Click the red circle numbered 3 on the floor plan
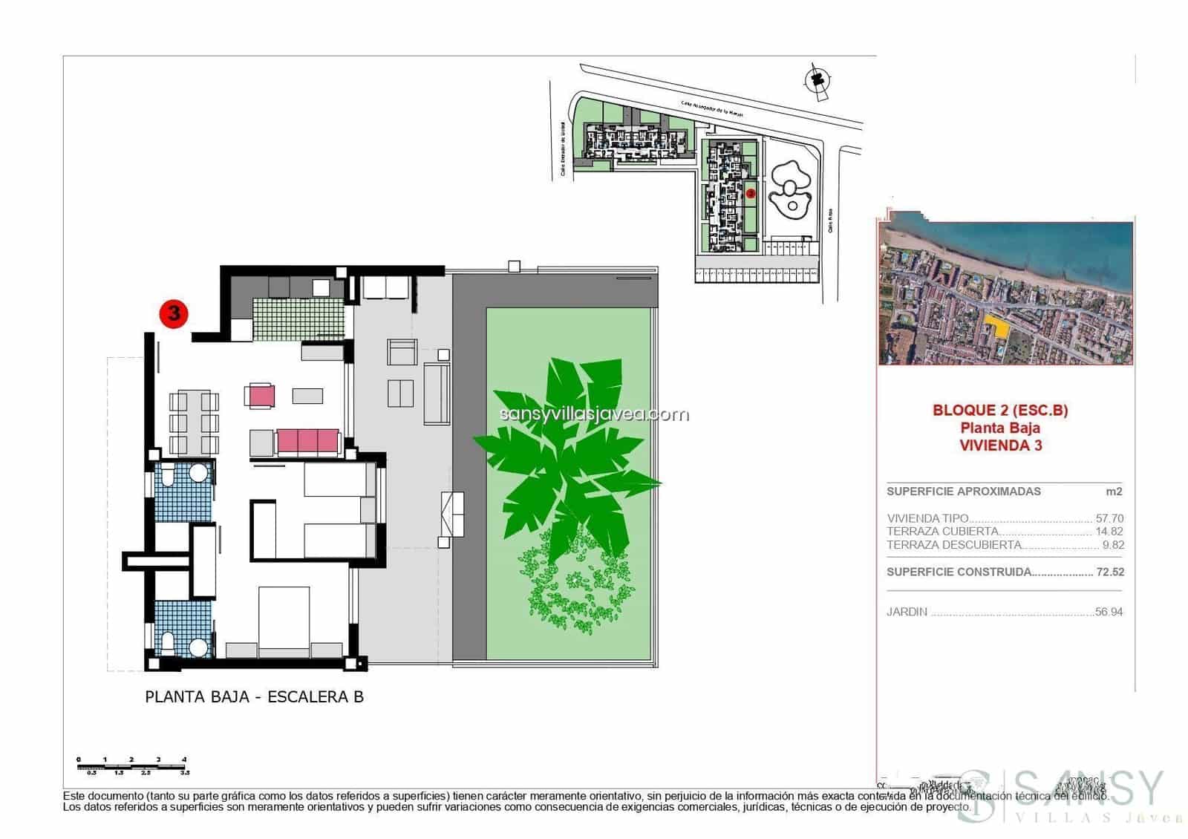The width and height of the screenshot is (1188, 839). point(174,313)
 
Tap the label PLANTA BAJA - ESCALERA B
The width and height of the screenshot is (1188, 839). point(254,697)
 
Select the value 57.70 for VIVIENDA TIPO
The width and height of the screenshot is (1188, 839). point(1109,518)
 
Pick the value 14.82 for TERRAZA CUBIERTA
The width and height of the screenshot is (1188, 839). point(1109,532)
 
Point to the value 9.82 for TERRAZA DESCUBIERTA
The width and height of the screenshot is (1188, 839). point(1113,545)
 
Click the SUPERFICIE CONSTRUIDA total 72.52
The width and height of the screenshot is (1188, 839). point(1109,572)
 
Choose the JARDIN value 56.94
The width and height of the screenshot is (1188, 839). point(1109,613)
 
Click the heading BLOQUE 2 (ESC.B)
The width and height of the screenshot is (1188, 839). point(999,410)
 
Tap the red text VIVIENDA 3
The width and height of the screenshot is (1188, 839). point(1000,445)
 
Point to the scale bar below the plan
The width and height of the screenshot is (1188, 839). point(132,765)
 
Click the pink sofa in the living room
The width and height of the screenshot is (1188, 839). point(308,442)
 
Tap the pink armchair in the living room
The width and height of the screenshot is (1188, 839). point(261,395)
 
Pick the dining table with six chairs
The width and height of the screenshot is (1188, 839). point(195,422)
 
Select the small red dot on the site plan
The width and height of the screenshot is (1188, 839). point(750,193)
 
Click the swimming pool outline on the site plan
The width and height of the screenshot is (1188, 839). point(791,189)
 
